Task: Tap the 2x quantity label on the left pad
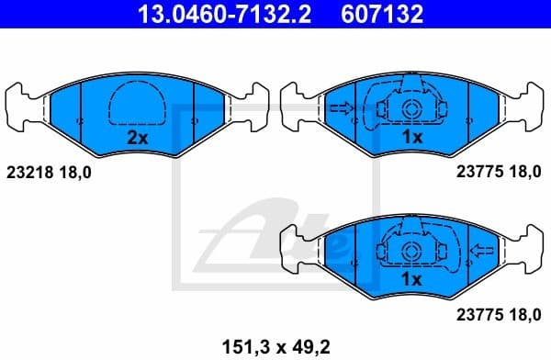pos(137,139)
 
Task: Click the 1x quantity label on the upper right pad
pos(411,138)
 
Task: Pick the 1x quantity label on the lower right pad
pos(411,278)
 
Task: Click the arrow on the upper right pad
pos(341,109)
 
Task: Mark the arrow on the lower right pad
pos(480,249)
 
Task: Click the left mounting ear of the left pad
pos(24,103)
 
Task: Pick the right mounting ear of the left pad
pos(250,103)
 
